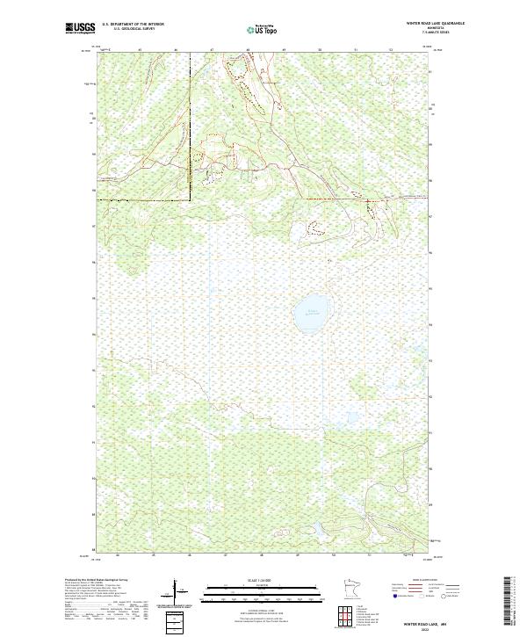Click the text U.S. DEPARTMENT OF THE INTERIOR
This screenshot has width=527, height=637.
click(x=133, y=25)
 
